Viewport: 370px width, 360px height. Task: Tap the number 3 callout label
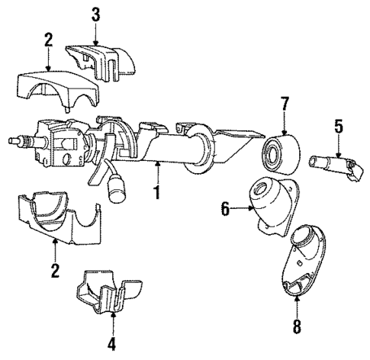(x=95, y=14)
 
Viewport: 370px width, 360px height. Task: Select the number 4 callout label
(x=111, y=343)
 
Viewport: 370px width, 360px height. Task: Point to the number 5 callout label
(x=337, y=123)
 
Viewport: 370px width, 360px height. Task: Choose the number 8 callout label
(x=296, y=329)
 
